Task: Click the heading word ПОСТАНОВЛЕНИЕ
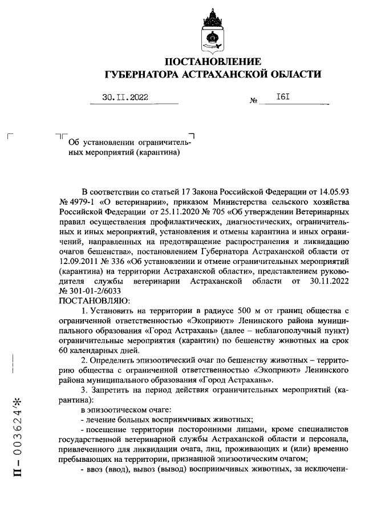(213, 62)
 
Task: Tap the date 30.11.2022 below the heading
(125, 97)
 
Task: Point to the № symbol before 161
(254, 101)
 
